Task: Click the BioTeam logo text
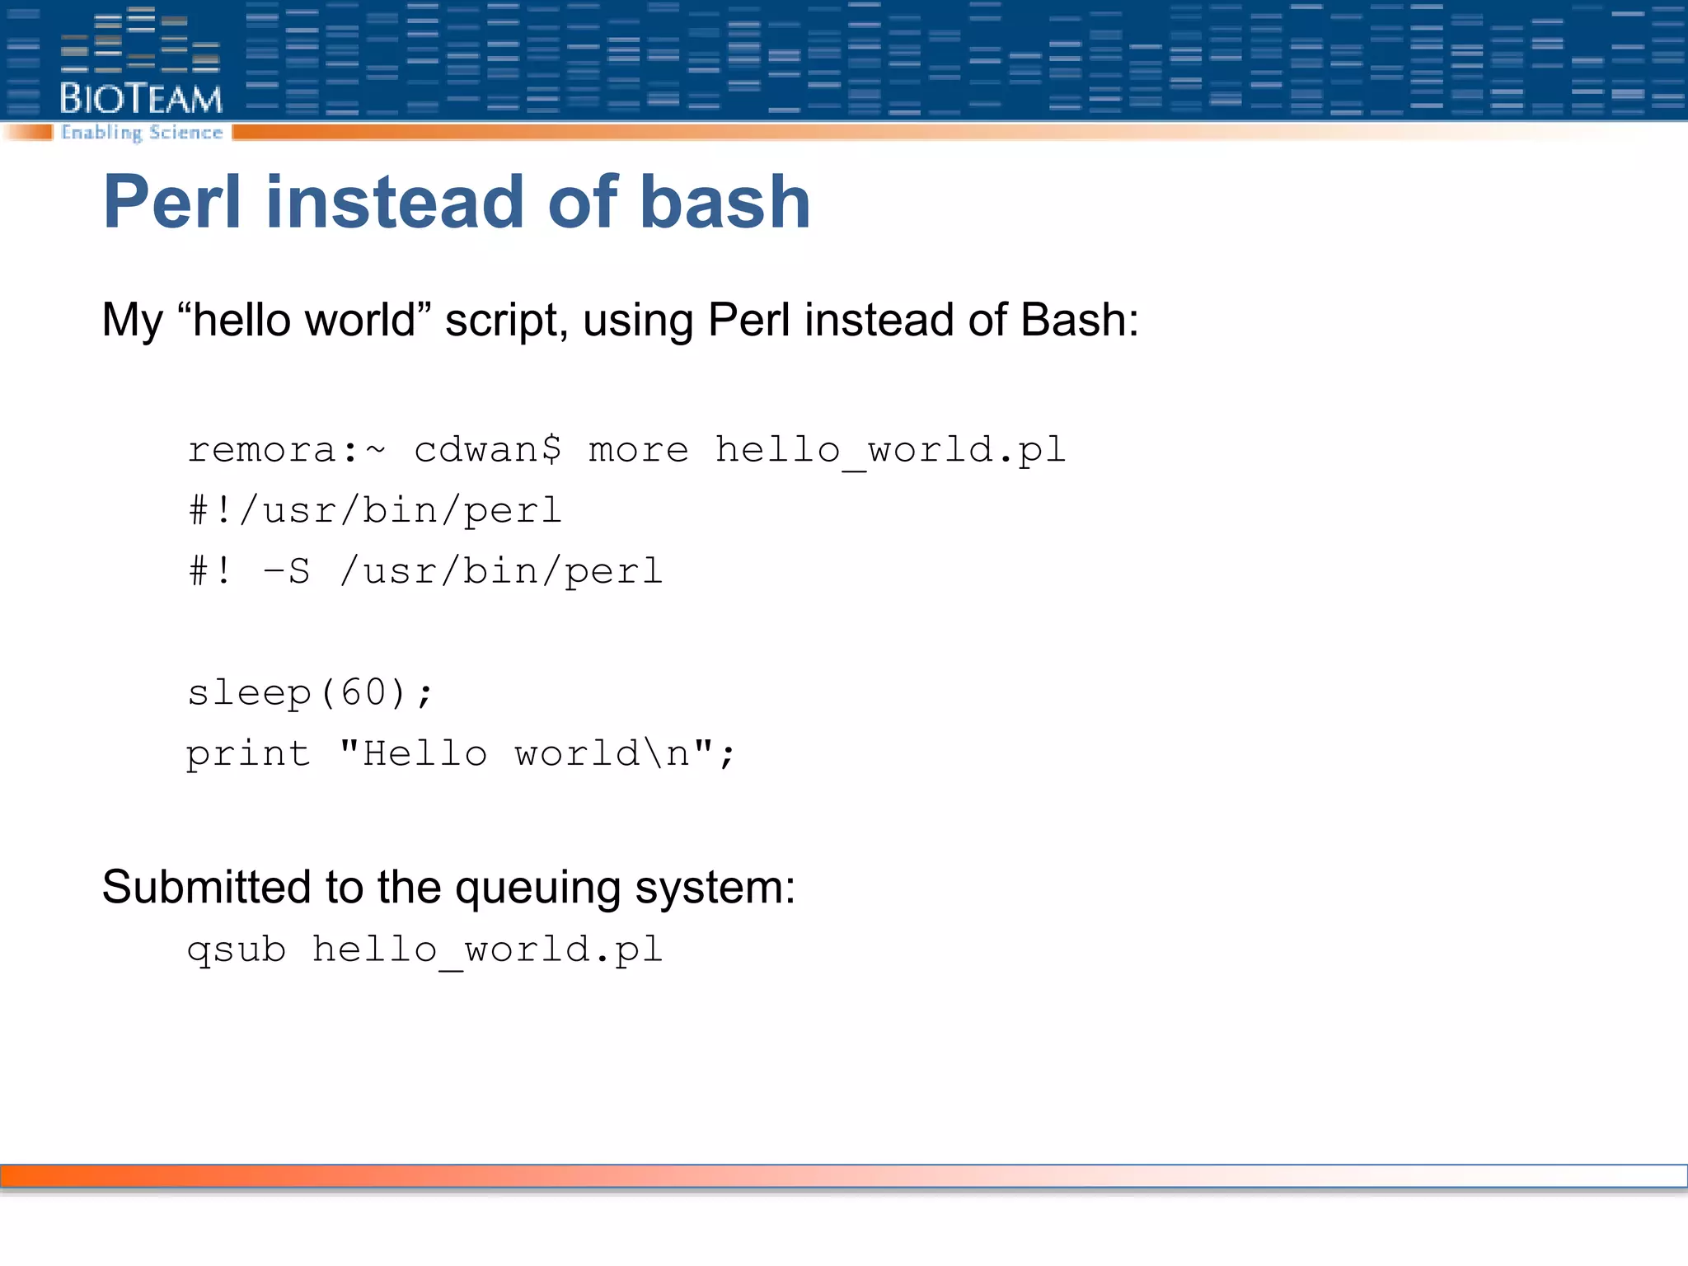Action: [x=141, y=99]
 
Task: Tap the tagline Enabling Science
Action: [x=142, y=133]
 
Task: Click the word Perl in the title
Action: [x=171, y=202]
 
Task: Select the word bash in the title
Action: [x=725, y=202]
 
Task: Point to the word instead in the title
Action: [x=395, y=202]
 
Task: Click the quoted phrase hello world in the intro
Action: [x=304, y=320]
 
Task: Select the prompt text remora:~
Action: [x=286, y=450]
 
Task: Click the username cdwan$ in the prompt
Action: [x=487, y=450]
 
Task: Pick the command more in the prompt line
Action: [x=638, y=450]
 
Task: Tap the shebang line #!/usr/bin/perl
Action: [x=375, y=511]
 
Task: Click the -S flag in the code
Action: [x=286, y=571]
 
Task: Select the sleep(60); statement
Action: [x=309, y=693]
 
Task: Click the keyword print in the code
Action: [x=248, y=754]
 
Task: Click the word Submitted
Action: [x=206, y=888]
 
